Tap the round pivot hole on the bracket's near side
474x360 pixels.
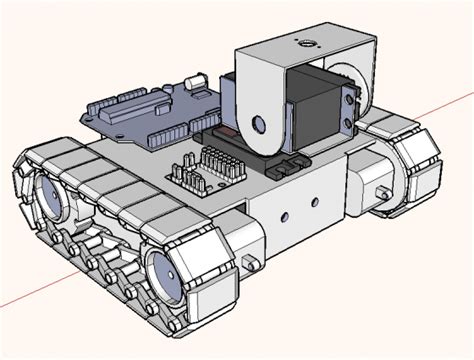pyautogui.click(x=259, y=124)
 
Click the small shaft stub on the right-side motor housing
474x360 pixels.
pyautogui.click(x=382, y=193)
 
